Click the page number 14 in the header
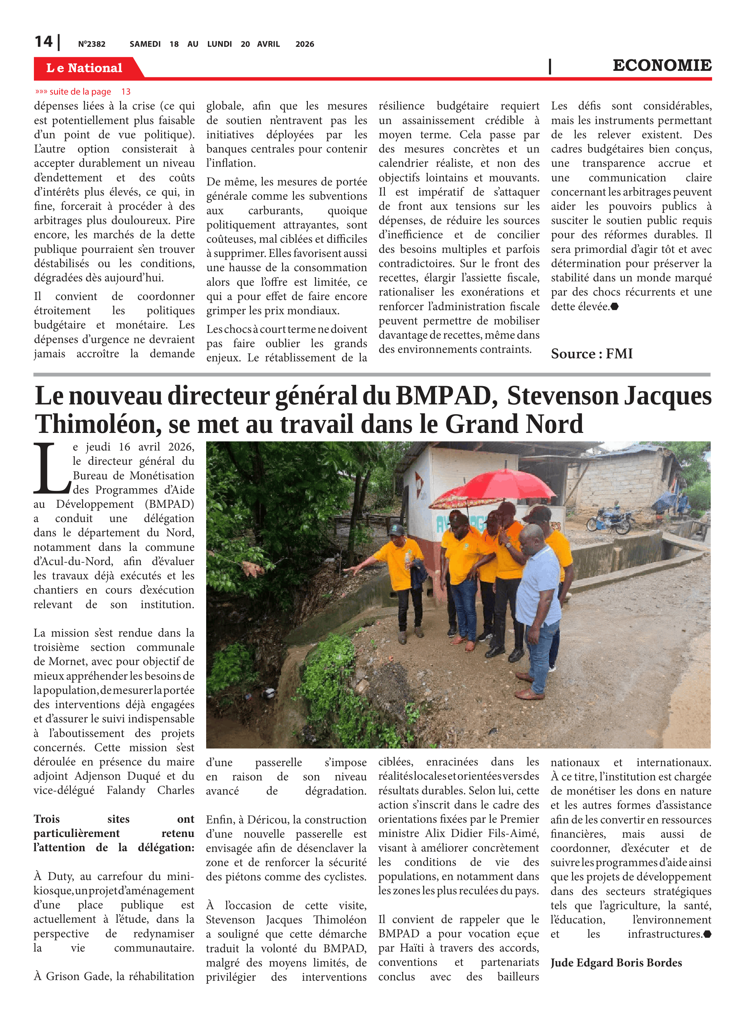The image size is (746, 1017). click(x=43, y=42)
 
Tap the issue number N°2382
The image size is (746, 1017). click(x=92, y=44)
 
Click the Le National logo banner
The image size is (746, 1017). click(x=84, y=68)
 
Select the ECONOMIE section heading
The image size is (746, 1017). click(x=662, y=65)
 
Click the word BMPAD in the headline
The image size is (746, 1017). click(x=444, y=396)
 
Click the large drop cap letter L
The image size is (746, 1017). click(x=51, y=468)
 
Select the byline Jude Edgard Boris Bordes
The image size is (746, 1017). click(x=615, y=963)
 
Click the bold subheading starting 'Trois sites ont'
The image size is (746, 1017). click(x=114, y=833)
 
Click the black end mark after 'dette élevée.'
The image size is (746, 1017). click(x=614, y=307)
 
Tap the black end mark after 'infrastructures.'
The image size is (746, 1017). click(x=707, y=934)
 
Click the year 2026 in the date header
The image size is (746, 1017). click(x=305, y=44)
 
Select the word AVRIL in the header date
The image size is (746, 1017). click(x=268, y=44)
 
